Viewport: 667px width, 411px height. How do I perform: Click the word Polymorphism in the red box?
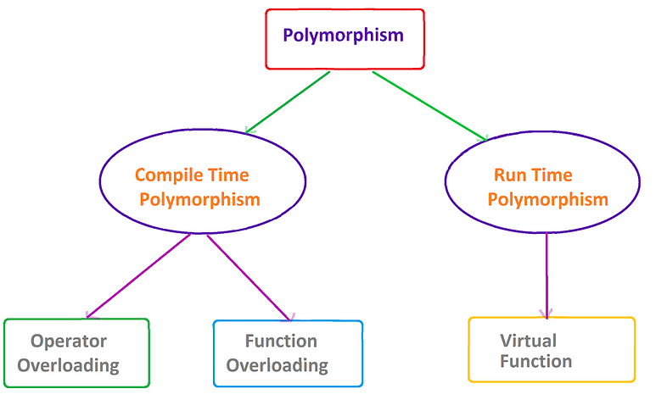pos(343,36)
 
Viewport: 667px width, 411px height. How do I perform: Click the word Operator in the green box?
pos(69,342)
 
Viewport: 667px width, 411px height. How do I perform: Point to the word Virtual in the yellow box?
pos(528,341)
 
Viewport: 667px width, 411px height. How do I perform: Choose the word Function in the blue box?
pos(281,342)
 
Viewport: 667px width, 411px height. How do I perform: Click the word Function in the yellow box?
pos(535,362)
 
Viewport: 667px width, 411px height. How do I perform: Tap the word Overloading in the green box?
pos(69,366)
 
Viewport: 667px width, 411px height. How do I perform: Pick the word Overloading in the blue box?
pos(277,366)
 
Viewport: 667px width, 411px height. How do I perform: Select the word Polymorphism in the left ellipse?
pos(199,200)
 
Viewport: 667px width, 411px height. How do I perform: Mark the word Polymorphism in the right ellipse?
pos(548,200)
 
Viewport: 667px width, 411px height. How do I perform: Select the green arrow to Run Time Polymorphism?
pos(429,105)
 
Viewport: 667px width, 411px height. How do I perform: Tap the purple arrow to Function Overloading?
pos(249,277)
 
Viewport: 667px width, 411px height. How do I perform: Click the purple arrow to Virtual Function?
pos(546,273)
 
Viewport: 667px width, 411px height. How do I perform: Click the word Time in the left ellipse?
pos(230,175)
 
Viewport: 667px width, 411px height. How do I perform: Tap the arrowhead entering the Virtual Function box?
pos(546,314)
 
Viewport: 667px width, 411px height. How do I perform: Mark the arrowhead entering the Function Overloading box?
pos(291,318)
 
